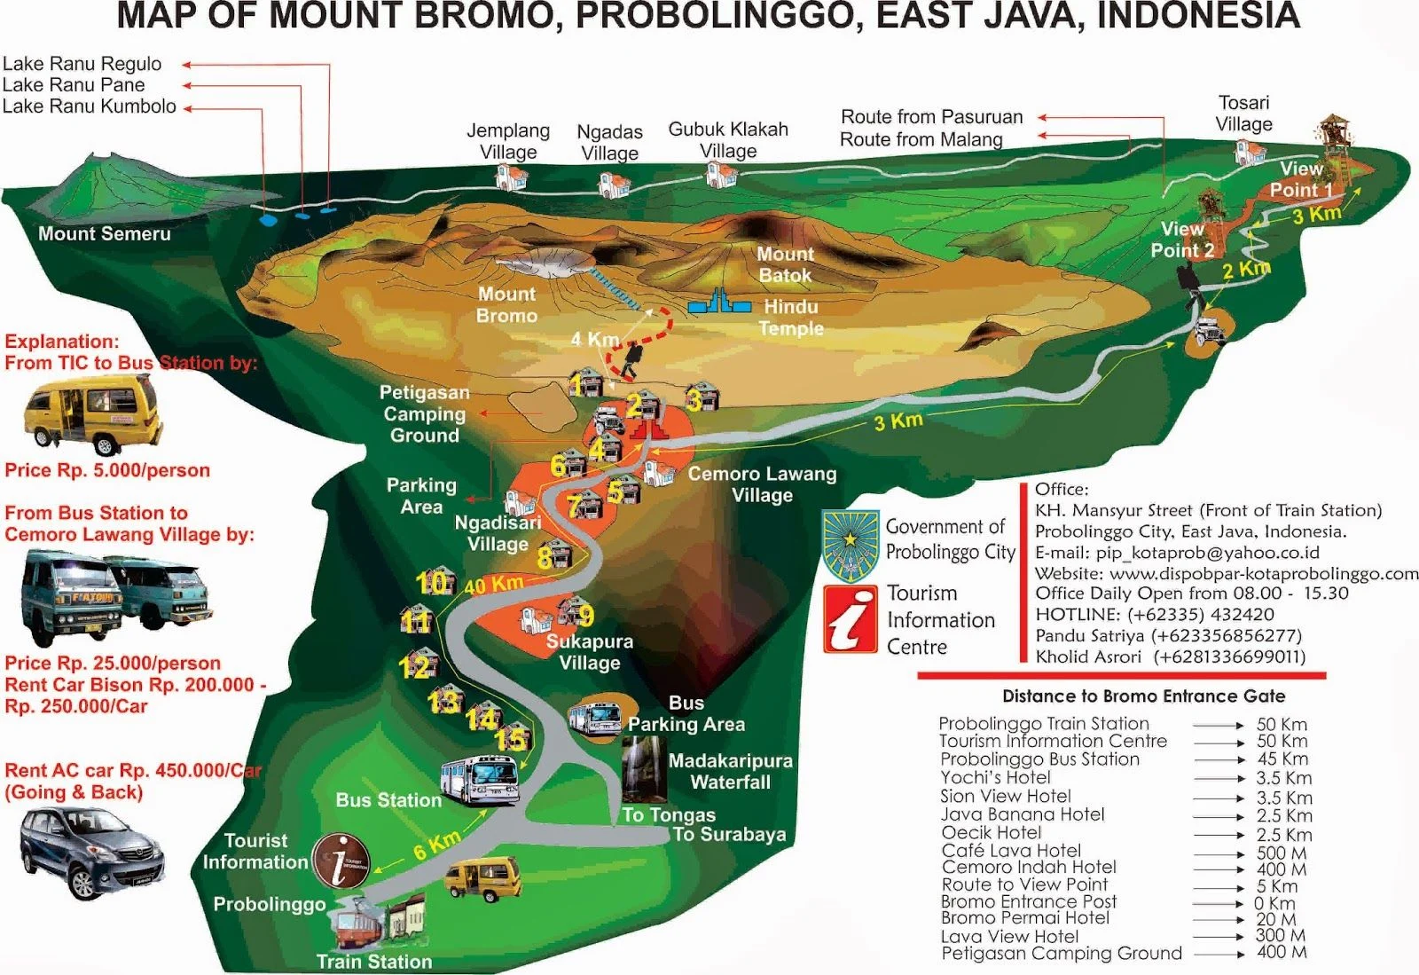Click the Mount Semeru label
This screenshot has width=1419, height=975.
[104, 234]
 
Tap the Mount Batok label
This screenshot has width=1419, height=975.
[785, 264]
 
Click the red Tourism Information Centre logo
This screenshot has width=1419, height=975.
[850, 618]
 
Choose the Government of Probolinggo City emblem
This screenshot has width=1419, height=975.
[851, 544]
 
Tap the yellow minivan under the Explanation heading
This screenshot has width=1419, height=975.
[92, 413]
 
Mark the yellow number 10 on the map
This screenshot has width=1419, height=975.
[432, 583]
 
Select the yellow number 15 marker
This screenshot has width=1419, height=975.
[511, 739]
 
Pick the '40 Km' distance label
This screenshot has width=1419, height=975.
[493, 585]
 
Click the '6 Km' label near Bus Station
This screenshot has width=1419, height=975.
[436, 845]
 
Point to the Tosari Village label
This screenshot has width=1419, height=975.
[1243, 114]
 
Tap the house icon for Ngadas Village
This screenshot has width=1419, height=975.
[614, 185]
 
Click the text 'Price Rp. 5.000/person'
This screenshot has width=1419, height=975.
[107, 471]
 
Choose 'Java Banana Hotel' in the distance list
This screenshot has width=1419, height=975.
[1023, 814]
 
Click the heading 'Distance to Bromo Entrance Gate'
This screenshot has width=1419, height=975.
[1143, 696]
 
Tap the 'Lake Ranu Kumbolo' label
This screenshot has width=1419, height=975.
[90, 107]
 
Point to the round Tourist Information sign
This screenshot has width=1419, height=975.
[341, 861]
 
